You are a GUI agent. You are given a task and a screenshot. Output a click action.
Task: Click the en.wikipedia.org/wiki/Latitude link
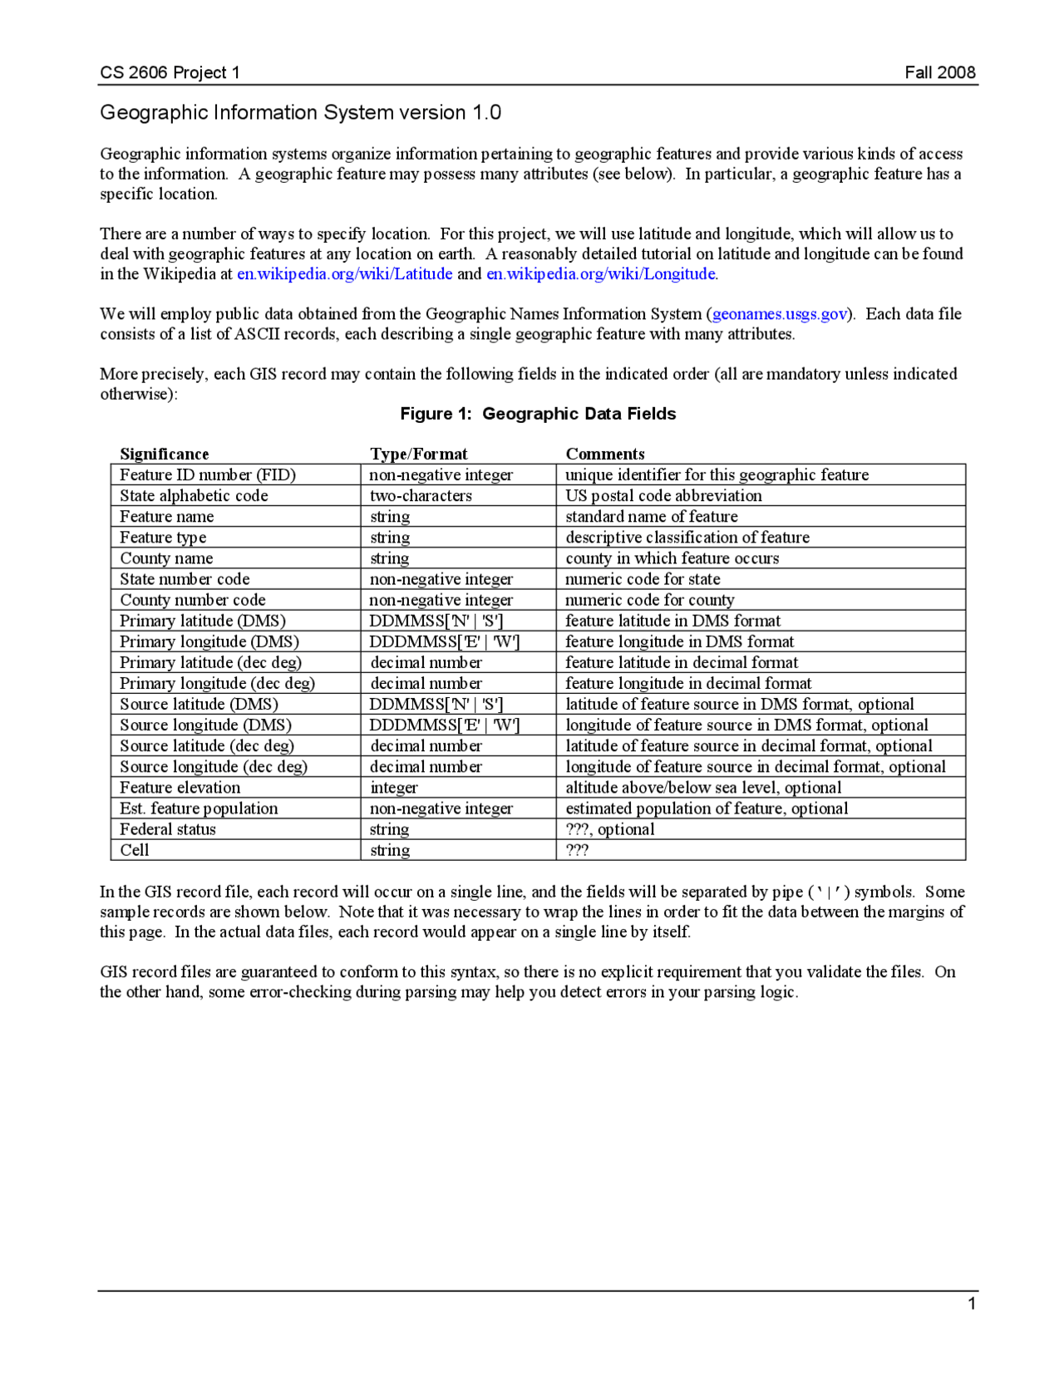(344, 273)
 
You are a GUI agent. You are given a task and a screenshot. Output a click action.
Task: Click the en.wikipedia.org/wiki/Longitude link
(601, 273)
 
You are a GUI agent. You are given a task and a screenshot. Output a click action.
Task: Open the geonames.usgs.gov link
(780, 313)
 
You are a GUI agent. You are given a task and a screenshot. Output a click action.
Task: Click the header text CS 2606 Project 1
(170, 72)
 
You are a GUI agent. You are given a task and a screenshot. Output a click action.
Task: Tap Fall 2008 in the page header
(939, 72)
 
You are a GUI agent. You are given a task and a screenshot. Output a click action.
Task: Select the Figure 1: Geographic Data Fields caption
(538, 414)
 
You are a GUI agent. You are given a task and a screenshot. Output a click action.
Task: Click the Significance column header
(164, 454)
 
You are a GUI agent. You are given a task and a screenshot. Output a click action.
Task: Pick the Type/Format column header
(418, 454)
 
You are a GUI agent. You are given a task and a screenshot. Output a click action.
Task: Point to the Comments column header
(604, 454)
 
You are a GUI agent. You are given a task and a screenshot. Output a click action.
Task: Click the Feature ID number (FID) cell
(207, 474)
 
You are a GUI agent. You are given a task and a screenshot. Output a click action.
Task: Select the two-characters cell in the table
(421, 495)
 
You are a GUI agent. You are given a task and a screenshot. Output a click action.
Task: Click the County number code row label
(192, 600)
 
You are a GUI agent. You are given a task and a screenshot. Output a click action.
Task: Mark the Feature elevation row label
(180, 787)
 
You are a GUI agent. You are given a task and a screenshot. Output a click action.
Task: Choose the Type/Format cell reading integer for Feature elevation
(393, 787)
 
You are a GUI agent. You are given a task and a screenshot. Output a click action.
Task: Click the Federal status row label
(167, 829)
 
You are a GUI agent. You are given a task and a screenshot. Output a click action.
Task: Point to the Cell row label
(134, 850)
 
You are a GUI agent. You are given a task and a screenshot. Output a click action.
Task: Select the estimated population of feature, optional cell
(707, 808)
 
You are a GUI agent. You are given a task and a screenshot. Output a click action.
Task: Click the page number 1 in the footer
(971, 1304)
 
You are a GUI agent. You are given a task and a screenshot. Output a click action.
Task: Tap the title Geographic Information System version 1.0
(300, 112)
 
